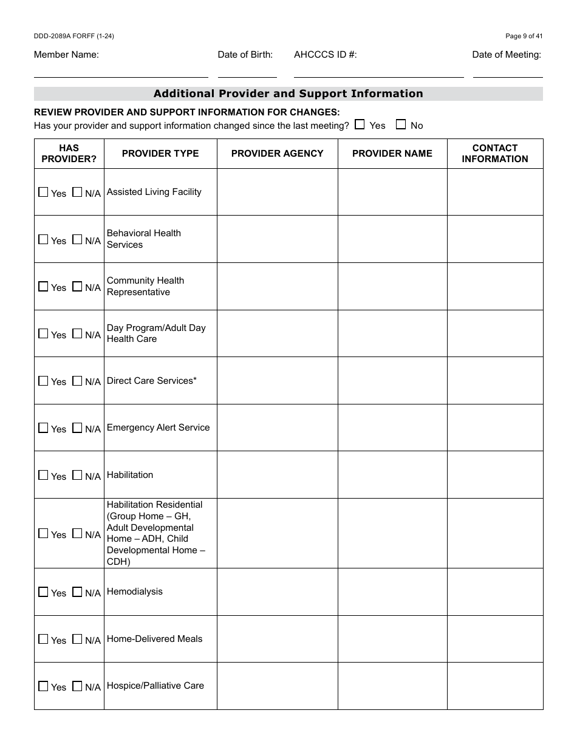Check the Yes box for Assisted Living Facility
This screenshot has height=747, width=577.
tap(43, 192)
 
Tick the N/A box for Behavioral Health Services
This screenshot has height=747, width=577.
tap(77, 239)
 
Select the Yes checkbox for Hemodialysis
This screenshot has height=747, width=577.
tap(43, 592)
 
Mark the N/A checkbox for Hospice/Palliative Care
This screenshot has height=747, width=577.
tap(77, 686)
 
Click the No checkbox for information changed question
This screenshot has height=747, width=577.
tap(401, 124)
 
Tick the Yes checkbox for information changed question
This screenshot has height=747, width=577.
tap(360, 124)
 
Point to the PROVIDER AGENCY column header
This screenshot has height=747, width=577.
tap(278, 154)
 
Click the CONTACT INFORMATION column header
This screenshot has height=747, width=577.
tap(495, 154)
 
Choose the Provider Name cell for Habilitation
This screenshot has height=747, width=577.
tap(392, 475)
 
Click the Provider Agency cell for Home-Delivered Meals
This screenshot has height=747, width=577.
tap(278, 639)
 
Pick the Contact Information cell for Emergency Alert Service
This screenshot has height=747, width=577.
tap(495, 428)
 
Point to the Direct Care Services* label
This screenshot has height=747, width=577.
tap(152, 381)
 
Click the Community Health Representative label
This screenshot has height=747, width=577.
tap(146, 286)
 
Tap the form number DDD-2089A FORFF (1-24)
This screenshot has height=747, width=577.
tap(74, 36)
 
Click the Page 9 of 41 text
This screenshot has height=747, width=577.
tap(524, 36)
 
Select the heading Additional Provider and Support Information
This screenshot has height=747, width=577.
tap(288, 94)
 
